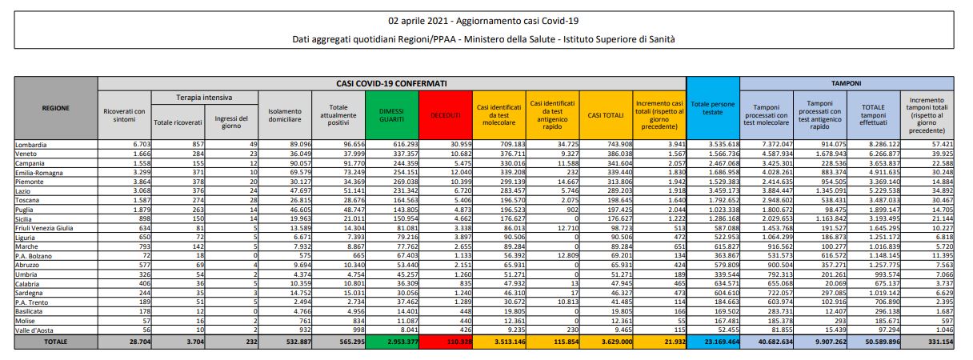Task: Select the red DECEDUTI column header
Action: (446, 116)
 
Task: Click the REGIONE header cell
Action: (55, 107)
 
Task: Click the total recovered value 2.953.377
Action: (392, 342)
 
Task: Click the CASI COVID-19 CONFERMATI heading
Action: (391, 82)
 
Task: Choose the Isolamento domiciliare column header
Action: (285, 116)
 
